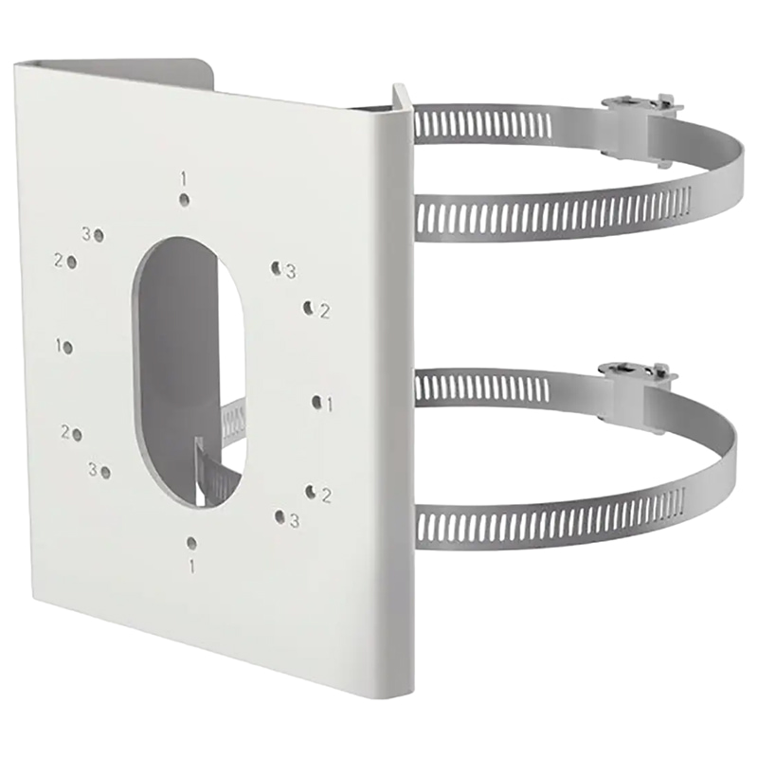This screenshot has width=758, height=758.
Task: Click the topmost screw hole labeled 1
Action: (x=185, y=200)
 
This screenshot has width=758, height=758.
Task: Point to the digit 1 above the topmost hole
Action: (x=184, y=178)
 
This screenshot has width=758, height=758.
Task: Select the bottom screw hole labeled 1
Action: (x=191, y=543)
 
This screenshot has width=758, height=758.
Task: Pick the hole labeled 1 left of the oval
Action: (x=69, y=348)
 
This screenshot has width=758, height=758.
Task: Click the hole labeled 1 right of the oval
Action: (x=316, y=402)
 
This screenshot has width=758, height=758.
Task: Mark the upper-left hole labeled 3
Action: (x=99, y=234)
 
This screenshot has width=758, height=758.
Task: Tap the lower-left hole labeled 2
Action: (x=77, y=435)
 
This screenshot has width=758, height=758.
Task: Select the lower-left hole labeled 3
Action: (x=105, y=471)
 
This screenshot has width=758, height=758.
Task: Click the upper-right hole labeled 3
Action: (x=277, y=269)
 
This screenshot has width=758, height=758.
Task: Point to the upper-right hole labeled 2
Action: (x=309, y=307)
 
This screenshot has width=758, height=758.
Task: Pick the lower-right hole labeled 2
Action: (x=311, y=491)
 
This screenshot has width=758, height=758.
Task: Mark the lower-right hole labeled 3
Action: (x=280, y=516)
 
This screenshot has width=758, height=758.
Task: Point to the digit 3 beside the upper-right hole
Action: (x=291, y=272)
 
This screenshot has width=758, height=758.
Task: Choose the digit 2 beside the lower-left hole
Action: (x=65, y=432)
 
